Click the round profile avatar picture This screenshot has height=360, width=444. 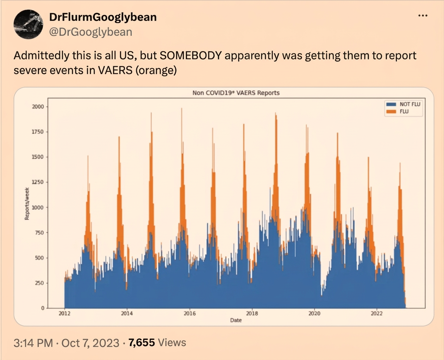pos(28,24)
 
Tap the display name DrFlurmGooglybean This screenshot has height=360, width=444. pos(103,17)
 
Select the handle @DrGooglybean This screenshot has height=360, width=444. pos(90,32)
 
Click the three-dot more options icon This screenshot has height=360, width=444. pos(423,16)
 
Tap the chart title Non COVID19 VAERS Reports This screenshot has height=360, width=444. pos(236,93)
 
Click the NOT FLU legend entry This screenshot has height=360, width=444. pos(404,104)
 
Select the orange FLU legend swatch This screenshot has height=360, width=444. pos(391,111)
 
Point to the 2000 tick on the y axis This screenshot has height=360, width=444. pos(38,107)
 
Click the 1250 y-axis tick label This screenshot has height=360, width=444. pos(38,182)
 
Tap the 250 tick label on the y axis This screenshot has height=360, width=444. pos(40,283)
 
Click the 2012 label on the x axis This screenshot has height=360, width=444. pos(64,313)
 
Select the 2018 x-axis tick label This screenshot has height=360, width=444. pos(252,313)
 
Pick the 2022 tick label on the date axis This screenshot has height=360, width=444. pos(376,313)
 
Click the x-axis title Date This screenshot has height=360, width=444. pos(236,320)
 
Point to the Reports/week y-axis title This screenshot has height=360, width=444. pos(27,204)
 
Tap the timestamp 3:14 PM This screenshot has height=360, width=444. pos(33,343)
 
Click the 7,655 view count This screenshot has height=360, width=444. pos(142,343)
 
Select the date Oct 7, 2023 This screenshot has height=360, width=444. pos(90,343)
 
